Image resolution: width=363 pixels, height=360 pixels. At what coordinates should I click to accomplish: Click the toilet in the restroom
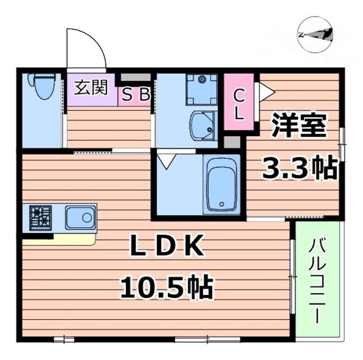coord(42,86)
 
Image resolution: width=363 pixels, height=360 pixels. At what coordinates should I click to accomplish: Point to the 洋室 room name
coord(298,125)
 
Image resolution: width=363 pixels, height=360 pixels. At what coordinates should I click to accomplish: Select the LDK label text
coord(167,246)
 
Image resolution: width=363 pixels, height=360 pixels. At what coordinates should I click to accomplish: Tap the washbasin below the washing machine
coord(202,125)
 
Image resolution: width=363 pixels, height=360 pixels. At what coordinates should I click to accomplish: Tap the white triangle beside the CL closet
coord(266,90)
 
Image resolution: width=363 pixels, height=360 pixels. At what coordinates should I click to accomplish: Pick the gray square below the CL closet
coord(231,142)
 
